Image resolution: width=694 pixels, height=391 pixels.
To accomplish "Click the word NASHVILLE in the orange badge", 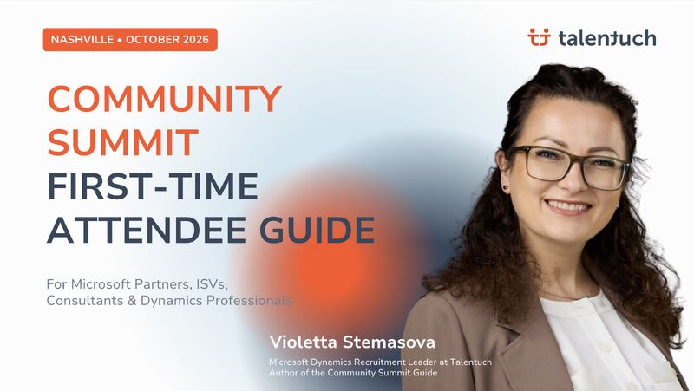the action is [82, 39].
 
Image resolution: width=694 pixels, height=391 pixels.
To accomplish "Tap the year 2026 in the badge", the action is [196, 39].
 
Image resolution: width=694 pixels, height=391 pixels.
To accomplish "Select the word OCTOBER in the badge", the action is [153, 39].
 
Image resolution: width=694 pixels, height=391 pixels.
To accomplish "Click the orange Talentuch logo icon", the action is [539, 37].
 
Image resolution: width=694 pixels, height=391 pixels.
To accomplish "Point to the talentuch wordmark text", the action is [607, 38].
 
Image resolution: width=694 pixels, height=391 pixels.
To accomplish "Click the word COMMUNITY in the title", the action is [164, 98].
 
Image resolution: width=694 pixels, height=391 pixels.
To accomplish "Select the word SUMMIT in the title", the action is [122, 142].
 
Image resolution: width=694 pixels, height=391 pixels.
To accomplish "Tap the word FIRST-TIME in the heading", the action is [153, 186].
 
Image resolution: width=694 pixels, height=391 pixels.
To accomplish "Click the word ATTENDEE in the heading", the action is [147, 230].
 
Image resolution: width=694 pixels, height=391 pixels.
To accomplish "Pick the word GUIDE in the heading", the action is [317, 230].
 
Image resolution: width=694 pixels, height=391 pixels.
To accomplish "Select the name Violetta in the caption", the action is [304, 342].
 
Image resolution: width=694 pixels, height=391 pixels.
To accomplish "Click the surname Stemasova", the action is [389, 342].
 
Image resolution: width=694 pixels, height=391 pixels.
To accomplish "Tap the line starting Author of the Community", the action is [353, 373].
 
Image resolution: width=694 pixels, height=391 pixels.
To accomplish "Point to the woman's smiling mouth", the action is [568, 206].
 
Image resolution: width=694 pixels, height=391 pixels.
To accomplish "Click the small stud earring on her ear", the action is [506, 187].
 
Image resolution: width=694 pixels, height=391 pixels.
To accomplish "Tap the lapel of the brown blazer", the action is [522, 336].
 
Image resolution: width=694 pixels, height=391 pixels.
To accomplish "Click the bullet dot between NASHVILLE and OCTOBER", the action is [120, 40].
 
